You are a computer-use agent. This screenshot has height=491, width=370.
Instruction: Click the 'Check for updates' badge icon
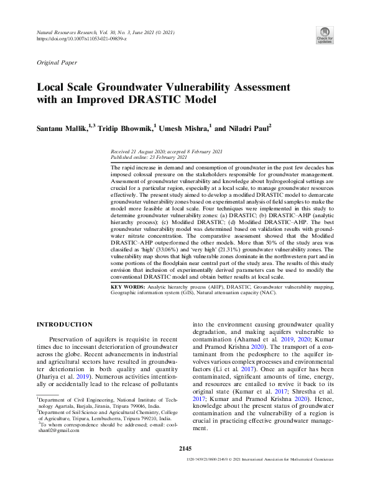[324, 35]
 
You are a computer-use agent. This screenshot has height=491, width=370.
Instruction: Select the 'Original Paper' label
[58, 63]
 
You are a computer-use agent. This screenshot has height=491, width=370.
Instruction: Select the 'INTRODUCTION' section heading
[65, 324]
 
